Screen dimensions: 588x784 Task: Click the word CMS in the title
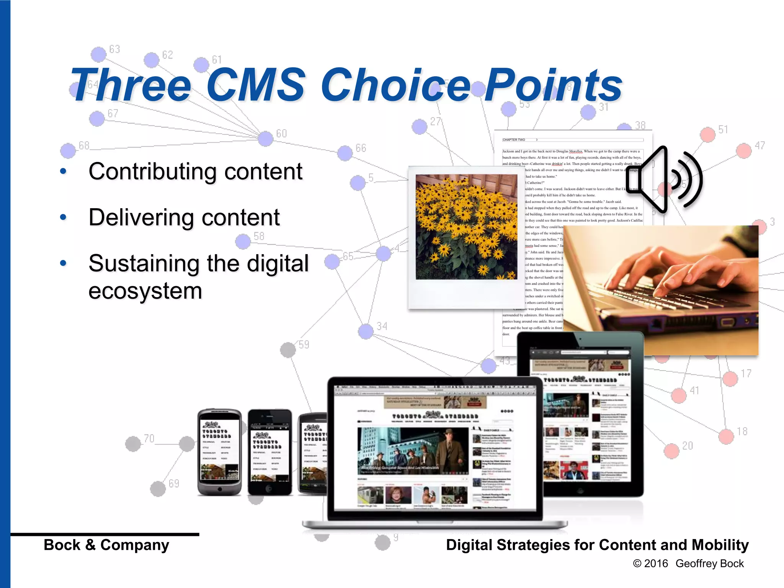pos(256,85)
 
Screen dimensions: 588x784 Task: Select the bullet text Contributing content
pos(195,171)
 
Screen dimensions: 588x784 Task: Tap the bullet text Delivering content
pos(184,217)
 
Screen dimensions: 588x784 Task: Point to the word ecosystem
pos(145,291)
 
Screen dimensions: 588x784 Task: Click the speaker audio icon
pos(664,180)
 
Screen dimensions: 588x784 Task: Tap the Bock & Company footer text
pos(106,545)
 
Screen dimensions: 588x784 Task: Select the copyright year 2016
pos(656,563)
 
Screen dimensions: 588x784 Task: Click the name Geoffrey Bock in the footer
pos(709,563)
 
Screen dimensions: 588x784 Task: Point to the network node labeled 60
pos(265,139)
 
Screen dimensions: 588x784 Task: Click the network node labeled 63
pos(99,54)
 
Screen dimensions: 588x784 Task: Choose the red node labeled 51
pos(707,135)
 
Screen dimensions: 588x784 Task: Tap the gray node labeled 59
pos(288,350)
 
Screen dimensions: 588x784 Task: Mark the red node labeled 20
pos(671,451)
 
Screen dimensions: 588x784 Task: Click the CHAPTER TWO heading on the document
pos(514,140)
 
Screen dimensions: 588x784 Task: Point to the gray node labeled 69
pos(158,489)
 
